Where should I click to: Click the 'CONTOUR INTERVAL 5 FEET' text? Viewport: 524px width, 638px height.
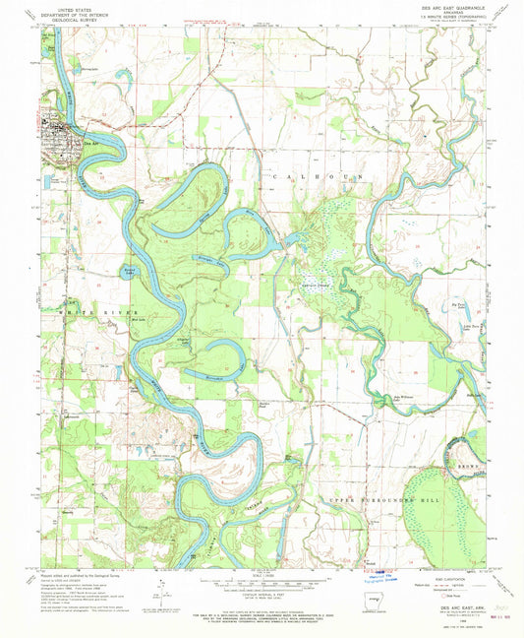tap(260, 597)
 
